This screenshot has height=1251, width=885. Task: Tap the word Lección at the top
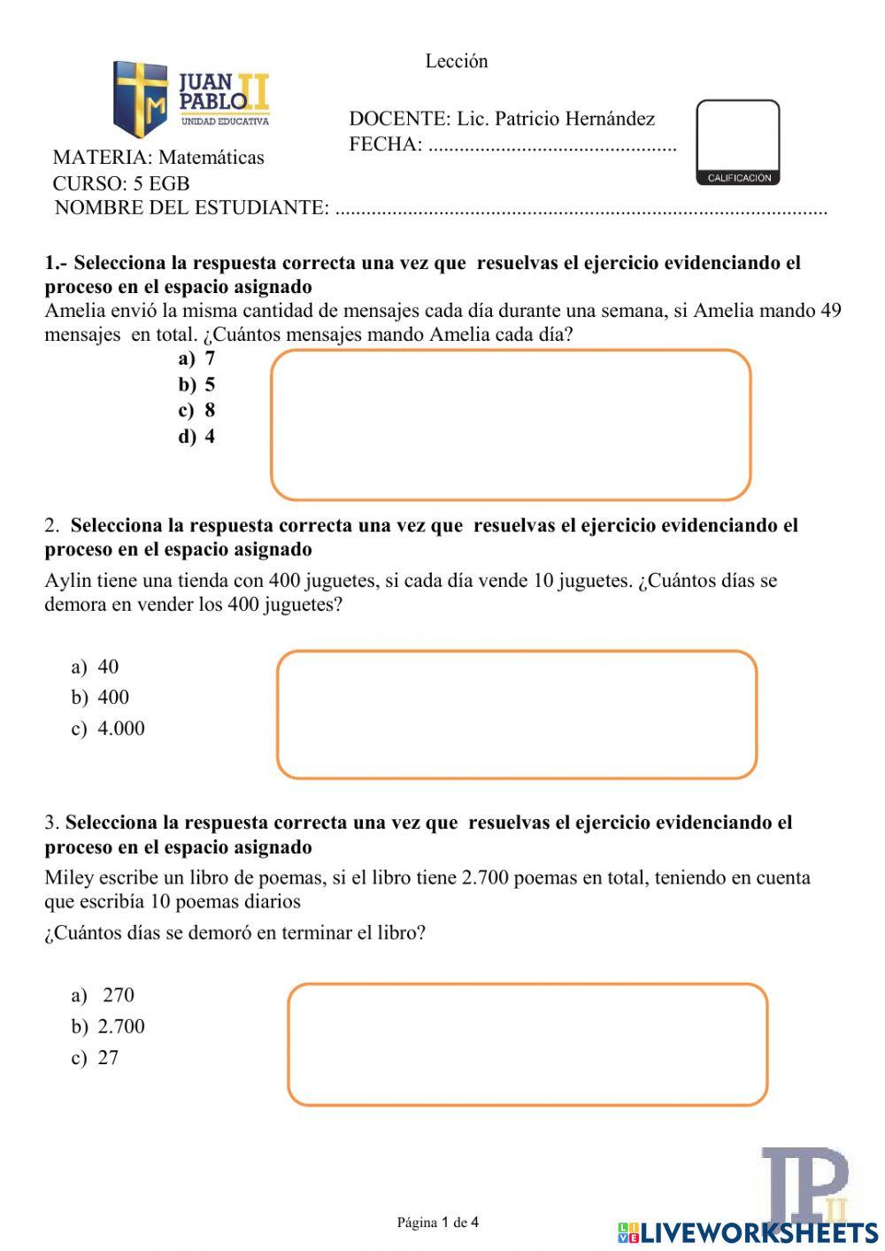(457, 61)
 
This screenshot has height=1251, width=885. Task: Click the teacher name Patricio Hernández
(556, 119)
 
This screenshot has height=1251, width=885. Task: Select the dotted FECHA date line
(552, 146)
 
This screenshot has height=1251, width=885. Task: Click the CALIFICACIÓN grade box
(738, 142)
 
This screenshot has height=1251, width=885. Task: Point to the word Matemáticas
(211, 158)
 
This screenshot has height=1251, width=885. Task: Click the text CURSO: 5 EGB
(121, 183)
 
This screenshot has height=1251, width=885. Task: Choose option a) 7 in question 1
(196, 359)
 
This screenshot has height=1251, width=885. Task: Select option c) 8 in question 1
(196, 410)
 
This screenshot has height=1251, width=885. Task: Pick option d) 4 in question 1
(196, 436)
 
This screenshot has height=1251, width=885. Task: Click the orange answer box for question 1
(511, 425)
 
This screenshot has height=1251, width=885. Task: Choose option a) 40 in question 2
(96, 667)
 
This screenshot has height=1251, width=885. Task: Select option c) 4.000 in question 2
(108, 729)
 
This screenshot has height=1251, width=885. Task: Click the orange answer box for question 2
(517, 714)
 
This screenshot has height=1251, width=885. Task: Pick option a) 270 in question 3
(104, 995)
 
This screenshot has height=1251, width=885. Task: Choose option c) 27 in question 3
(96, 1058)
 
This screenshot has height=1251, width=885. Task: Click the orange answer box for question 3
(527, 1045)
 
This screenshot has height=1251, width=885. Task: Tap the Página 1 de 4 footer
(438, 1223)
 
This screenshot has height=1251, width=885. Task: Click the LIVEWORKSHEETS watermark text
(758, 1232)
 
